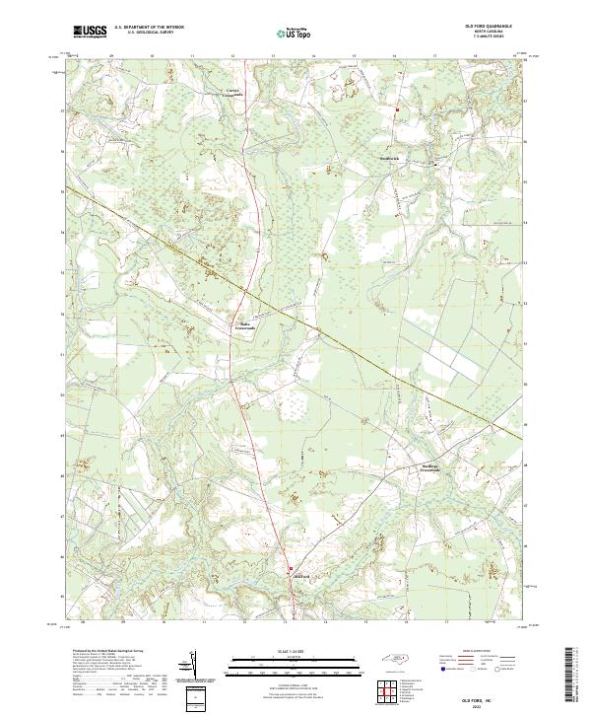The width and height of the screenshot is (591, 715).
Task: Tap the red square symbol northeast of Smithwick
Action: (397, 109)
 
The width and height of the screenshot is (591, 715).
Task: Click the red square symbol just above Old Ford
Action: (290, 568)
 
